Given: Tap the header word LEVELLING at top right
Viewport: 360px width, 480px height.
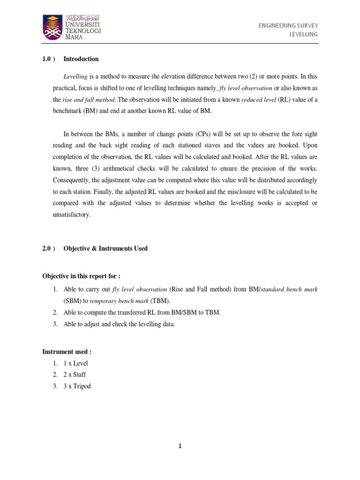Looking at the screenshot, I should (x=304, y=34).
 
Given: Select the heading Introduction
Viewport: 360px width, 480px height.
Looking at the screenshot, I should (x=81, y=59).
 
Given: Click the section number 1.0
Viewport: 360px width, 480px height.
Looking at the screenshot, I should (x=47, y=59).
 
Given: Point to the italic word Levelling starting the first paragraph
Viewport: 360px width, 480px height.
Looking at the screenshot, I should (x=75, y=76).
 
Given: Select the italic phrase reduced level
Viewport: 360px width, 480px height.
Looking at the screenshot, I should (x=258, y=100).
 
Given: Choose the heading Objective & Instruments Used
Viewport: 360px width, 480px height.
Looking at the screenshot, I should (x=105, y=248).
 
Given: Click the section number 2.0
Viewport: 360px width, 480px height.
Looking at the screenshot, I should (x=47, y=248).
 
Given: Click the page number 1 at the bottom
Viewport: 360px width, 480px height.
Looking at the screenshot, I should (x=180, y=446).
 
